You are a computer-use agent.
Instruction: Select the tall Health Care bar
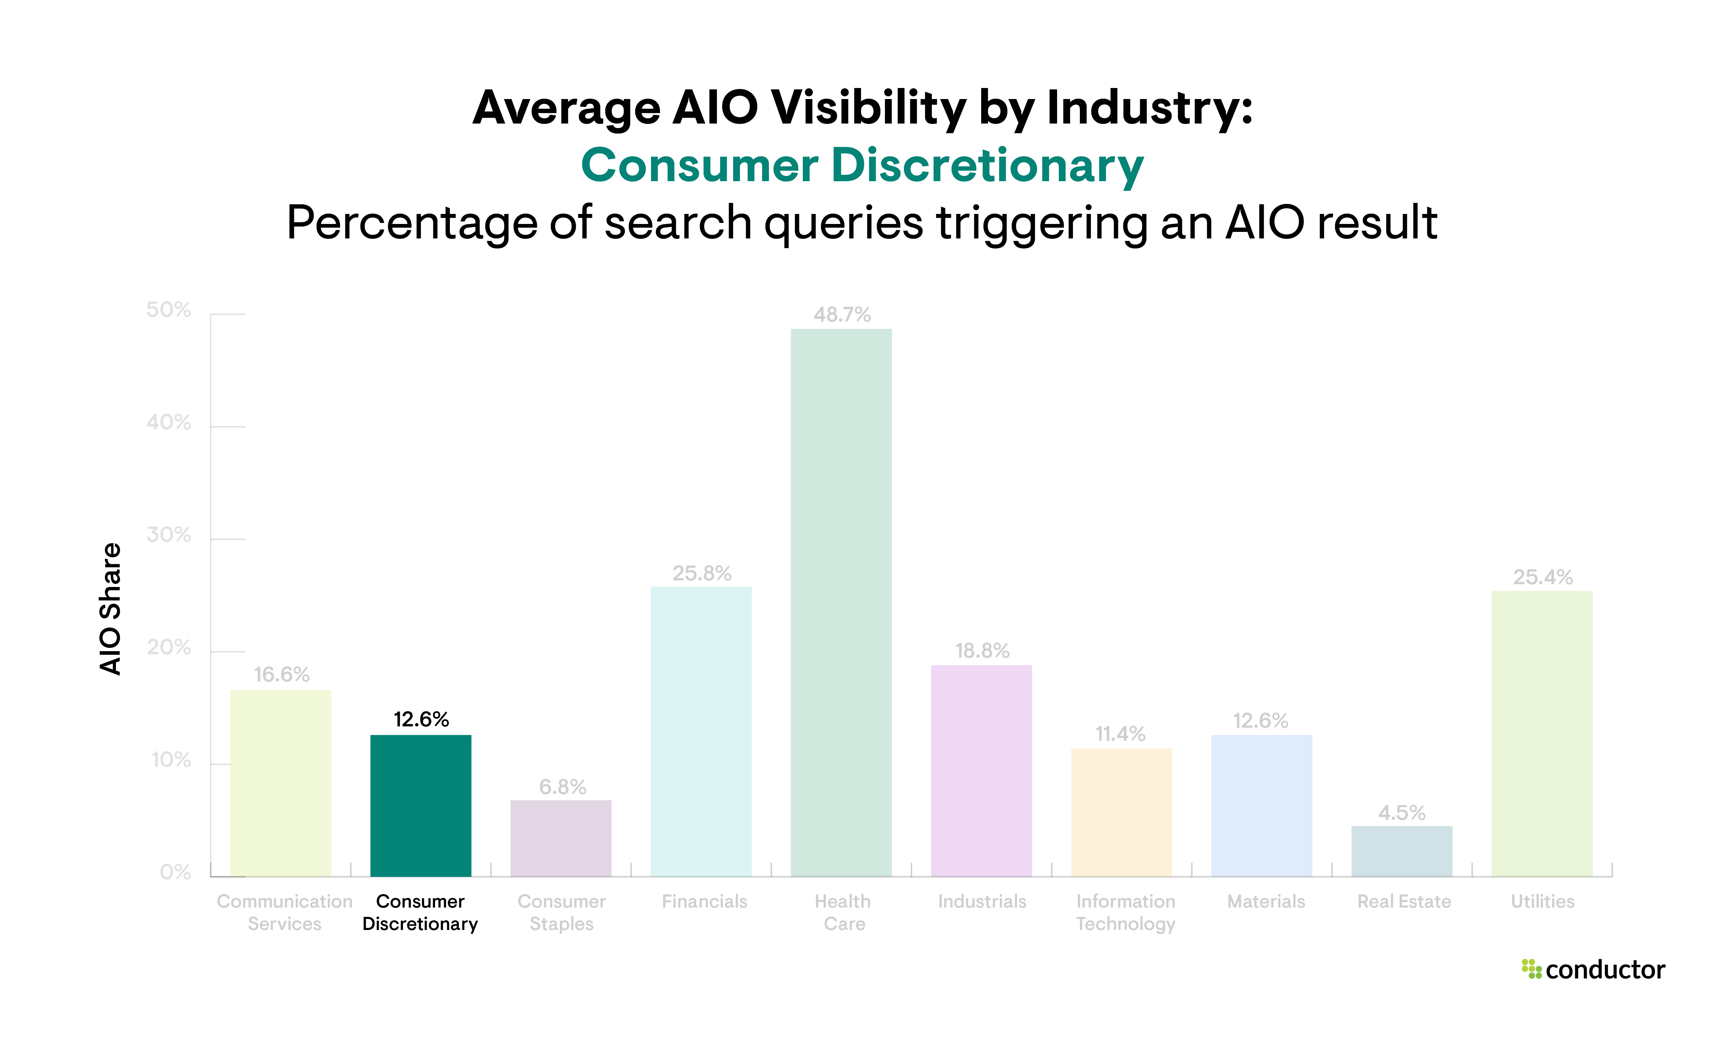coord(841,602)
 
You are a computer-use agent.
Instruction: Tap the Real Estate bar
coord(1401,851)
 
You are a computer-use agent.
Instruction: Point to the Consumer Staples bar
coord(561,838)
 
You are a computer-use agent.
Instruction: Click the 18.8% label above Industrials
coord(982,651)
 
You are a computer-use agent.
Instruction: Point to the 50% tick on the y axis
coord(168,310)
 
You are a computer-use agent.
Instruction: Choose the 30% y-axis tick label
coord(168,536)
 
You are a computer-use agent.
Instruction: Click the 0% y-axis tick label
coord(175,872)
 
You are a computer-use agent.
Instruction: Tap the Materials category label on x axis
coord(1266,902)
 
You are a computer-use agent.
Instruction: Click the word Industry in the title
coord(1148,108)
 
